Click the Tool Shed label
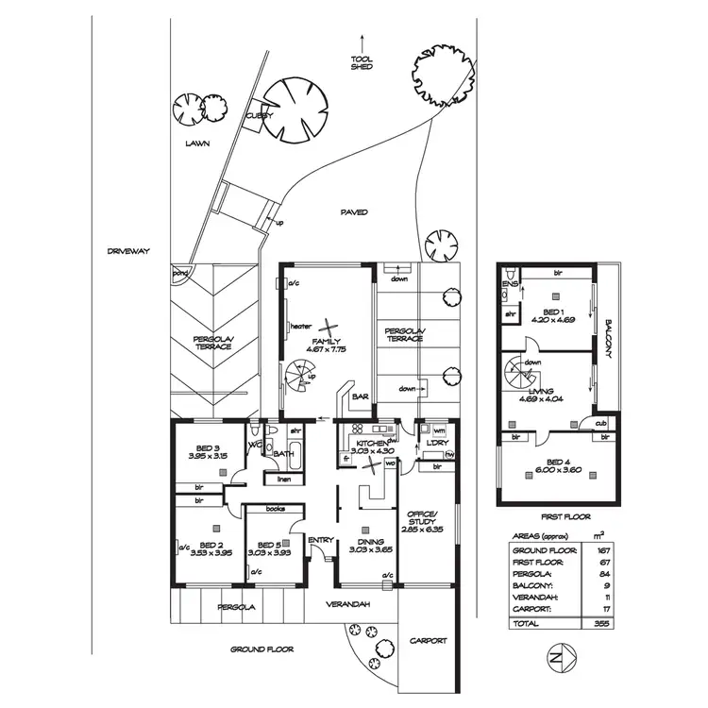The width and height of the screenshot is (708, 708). pyautogui.click(x=362, y=63)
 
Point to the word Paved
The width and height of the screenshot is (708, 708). pyautogui.click(x=355, y=212)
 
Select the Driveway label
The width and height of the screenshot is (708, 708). pyautogui.click(x=129, y=251)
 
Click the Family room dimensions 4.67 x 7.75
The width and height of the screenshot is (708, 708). pyautogui.click(x=327, y=349)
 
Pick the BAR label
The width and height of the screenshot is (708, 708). pyautogui.click(x=359, y=398)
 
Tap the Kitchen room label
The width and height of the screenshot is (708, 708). pyautogui.click(x=369, y=442)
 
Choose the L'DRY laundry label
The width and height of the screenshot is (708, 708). pyautogui.click(x=437, y=443)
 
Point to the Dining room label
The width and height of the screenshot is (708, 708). pyautogui.click(x=362, y=541)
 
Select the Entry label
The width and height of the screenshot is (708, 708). pyautogui.click(x=320, y=539)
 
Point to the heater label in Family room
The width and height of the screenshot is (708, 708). pyautogui.click(x=300, y=327)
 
